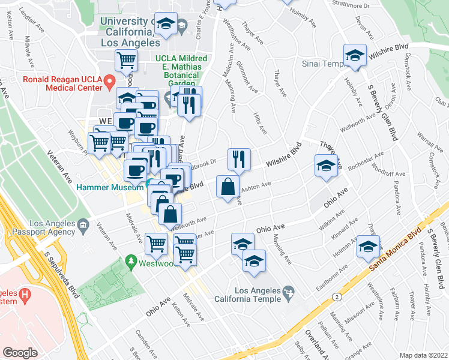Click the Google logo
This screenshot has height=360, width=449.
pos(20,353)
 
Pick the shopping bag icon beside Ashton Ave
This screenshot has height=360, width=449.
pos(228,187)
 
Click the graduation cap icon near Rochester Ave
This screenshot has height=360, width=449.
pos(325,166)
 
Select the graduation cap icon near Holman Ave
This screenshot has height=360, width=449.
pos(368,246)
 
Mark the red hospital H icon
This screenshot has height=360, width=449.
pos(24,295)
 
